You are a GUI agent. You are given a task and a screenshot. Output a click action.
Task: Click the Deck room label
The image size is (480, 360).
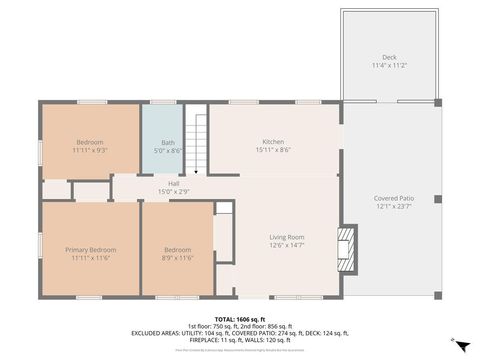[x=389, y=57]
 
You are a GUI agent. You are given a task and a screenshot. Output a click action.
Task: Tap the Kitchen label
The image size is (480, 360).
[x=274, y=142]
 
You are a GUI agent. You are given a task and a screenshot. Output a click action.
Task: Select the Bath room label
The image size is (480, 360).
[x=168, y=142]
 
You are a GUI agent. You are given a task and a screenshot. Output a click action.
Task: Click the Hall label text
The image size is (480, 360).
[x=174, y=183]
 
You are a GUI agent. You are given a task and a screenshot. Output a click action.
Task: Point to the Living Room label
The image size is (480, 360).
[x=286, y=237]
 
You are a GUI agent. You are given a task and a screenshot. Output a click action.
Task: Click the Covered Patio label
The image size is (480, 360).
[x=389, y=199]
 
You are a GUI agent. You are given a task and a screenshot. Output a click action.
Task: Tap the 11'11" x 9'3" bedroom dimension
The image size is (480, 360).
[x=90, y=150]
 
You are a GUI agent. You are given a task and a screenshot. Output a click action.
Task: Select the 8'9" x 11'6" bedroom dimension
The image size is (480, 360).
[x=177, y=257]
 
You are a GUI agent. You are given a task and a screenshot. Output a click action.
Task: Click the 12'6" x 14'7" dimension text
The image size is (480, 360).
[x=286, y=245]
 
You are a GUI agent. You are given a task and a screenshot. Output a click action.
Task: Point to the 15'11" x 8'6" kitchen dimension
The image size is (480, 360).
[x=274, y=150]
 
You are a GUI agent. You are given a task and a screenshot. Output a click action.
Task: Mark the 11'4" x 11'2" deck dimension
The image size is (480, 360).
[x=389, y=65]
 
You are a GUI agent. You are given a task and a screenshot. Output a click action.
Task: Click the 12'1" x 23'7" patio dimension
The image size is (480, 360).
[x=389, y=207]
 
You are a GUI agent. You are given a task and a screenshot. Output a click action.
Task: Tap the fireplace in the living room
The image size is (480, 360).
[x=345, y=243]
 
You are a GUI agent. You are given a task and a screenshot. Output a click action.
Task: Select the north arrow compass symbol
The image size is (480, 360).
[x=458, y=344]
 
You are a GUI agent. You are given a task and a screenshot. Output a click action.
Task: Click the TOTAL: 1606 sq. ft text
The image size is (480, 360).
[x=240, y=318]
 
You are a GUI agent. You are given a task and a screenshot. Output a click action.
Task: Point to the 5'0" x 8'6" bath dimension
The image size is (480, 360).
[x=168, y=150]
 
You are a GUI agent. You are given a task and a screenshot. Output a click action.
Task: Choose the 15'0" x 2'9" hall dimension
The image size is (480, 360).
[x=174, y=191]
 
